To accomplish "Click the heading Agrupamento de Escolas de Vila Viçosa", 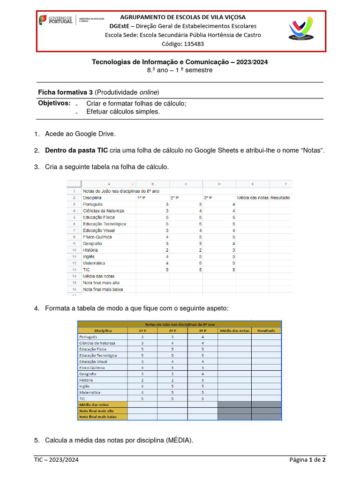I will click(x=183, y=17).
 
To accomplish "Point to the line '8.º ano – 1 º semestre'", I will click(x=180, y=70).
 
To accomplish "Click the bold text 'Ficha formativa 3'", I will click(x=65, y=91).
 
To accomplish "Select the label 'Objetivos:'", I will click(x=54, y=103).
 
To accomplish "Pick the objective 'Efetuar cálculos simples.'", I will click(x=123, y=112).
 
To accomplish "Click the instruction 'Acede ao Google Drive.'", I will click(x=80, y=134).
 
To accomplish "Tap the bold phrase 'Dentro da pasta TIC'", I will click(x=76, y=150).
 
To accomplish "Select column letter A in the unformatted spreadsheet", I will click(x=109, y=184).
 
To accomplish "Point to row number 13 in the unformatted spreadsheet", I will click(x=74, y=270).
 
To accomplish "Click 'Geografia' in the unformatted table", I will click(x=92, y=244).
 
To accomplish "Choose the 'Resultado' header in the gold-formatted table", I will click(x=266, y=331).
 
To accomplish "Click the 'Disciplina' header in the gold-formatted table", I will click(x=103, y=331).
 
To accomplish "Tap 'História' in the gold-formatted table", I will click(x=87, y=380).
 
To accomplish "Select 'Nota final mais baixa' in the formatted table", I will click(x=98, y=416).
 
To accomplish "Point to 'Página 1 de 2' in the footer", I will click(x=307, y=460).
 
